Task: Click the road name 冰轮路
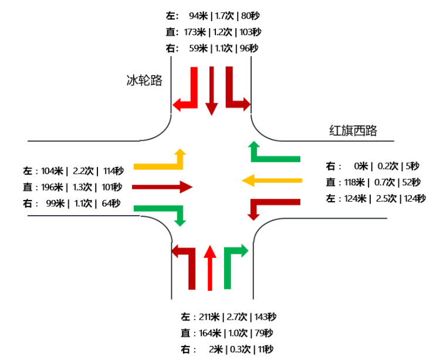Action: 144,80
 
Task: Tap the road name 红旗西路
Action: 353,131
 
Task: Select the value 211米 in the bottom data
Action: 209,317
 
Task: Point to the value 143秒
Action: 265,317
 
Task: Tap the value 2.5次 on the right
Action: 385,199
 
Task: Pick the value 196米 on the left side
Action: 52,188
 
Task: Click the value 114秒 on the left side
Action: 113,171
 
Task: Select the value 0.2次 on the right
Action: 386,166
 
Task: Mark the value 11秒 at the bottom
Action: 265,349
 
